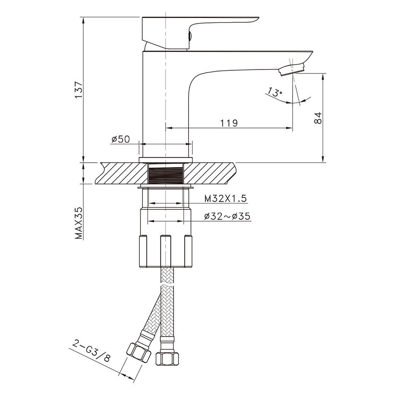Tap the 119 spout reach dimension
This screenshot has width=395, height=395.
pos(229,123)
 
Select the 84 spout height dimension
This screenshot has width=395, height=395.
pos(318,118)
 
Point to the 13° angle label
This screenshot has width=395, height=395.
pos(275,92)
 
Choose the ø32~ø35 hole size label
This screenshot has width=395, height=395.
pos(227,216)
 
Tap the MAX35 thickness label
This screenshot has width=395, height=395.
pos(79,223)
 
